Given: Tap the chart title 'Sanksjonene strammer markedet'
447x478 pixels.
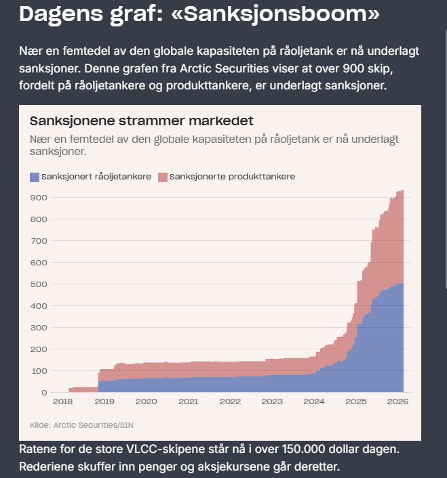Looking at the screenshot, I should (141, 121).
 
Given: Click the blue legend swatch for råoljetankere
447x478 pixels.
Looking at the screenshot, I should (35, 177).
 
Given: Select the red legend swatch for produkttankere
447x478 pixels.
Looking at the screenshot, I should (162, 177).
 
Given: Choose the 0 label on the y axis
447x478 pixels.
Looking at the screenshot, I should (44, 393).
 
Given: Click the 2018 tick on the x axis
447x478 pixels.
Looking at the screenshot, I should (62, 401).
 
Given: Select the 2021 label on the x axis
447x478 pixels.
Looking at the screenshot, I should (188, 401).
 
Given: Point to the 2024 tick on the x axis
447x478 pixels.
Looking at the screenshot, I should (314, 401).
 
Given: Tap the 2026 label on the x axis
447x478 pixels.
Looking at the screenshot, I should (397, 401).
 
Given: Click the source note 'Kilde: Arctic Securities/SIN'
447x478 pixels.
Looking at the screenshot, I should (81, 425).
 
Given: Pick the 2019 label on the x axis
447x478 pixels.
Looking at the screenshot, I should (104, 401).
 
